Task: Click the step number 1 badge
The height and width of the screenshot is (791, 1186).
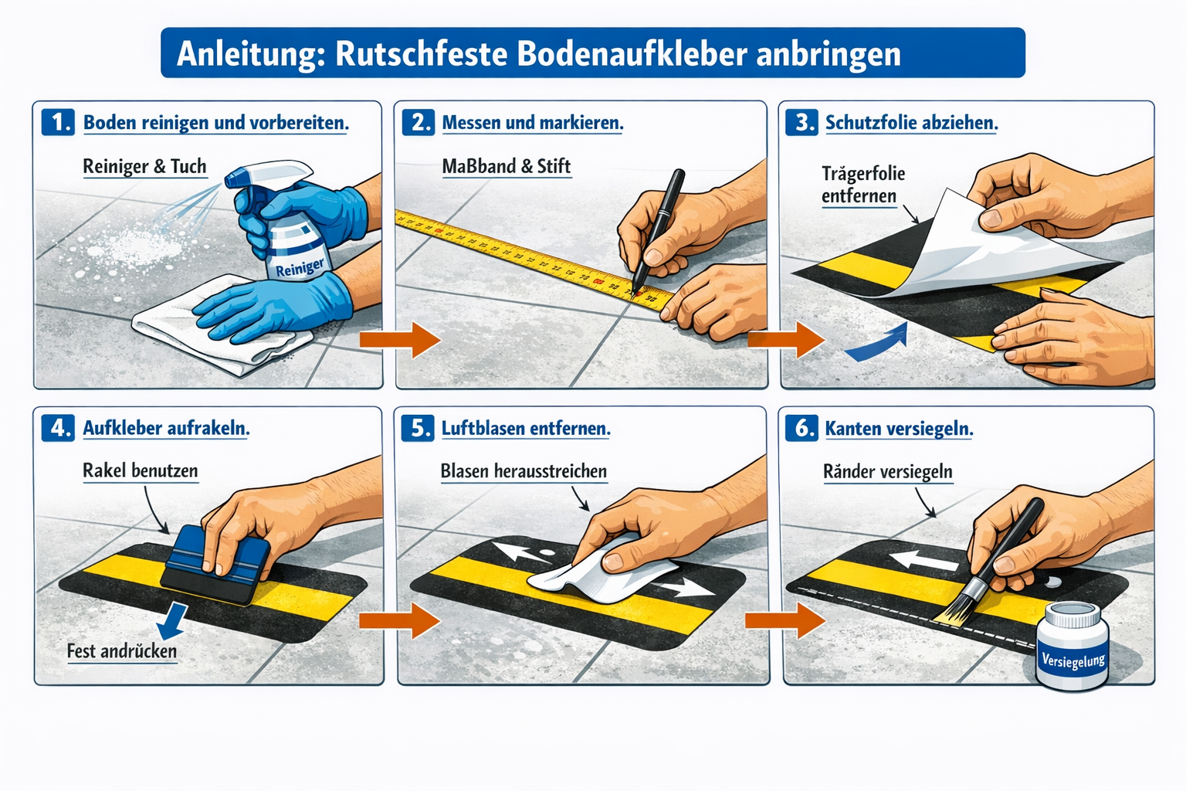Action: pos(58,122)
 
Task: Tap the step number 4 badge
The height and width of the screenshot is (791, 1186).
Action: pos(58,428)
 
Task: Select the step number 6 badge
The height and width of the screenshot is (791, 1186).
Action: pos(801,428)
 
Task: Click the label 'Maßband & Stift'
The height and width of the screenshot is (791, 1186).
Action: pos(506,166)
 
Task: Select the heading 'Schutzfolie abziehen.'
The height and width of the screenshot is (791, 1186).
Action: pos(911,122)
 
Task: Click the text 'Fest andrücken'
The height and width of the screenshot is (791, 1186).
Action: pos(121,651)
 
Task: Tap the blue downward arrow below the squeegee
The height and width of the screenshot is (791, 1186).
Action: pos(175,618)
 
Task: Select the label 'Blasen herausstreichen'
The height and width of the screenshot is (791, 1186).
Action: pos(523,471)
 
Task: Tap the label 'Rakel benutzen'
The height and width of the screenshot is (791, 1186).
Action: pos(140,470)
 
